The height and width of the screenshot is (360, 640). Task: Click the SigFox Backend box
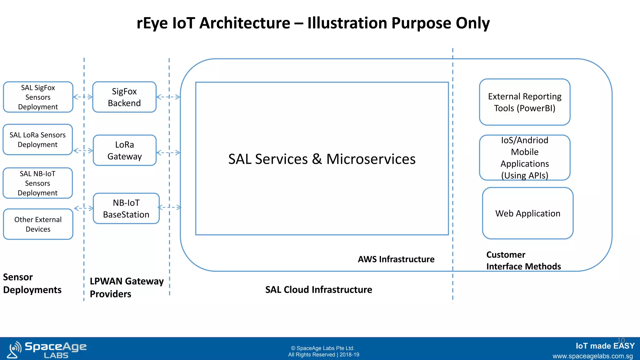124,97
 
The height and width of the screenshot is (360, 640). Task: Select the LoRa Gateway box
124,150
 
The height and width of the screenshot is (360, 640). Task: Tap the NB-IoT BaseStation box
126,208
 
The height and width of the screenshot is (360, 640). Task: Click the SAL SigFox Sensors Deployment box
38,97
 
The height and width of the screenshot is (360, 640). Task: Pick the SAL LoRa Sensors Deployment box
37,140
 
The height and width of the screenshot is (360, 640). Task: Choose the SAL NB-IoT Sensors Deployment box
37,183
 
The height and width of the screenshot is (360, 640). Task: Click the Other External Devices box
38,224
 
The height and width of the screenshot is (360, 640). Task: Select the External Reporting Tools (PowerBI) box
525,102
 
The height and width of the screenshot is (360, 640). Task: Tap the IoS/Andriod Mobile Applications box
525,158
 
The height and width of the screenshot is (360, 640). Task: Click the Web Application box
527,213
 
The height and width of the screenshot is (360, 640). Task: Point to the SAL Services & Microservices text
322,159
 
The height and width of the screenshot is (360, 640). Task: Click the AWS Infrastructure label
396,259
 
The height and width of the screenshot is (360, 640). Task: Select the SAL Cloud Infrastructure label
318,290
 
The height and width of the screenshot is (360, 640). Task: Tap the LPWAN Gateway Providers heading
127,287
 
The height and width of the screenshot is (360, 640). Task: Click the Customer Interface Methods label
523,260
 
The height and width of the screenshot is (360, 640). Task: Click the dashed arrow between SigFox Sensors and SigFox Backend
83,97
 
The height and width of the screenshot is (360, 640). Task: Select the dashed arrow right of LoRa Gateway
168,152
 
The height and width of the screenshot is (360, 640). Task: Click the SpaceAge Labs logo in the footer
47,349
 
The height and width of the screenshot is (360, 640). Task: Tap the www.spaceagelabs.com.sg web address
592,356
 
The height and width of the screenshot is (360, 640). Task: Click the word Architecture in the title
245,23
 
